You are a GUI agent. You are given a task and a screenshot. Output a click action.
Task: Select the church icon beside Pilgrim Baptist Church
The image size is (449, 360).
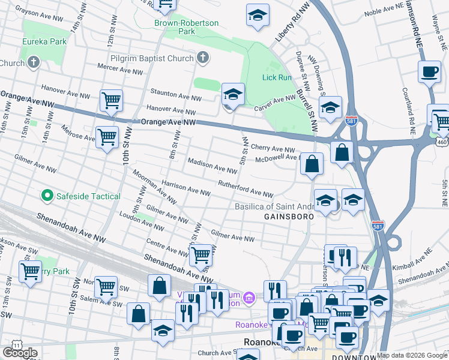pyautogui.click(x=203, y=58)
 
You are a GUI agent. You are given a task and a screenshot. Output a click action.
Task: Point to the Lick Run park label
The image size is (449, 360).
pyautogui.click(x=276, y=77)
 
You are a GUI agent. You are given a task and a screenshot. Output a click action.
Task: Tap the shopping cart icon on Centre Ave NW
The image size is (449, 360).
pyautogui.click(x=200, y=254)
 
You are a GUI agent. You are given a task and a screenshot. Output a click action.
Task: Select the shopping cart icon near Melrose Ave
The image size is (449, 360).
pyautogui.click(x=107, y=137)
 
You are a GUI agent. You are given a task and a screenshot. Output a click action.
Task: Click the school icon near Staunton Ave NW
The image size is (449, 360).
pyautogui.click(x=233, y=94)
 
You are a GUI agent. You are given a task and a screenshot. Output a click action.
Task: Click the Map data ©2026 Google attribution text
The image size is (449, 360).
pyautogui.click(x=412, y=355)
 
